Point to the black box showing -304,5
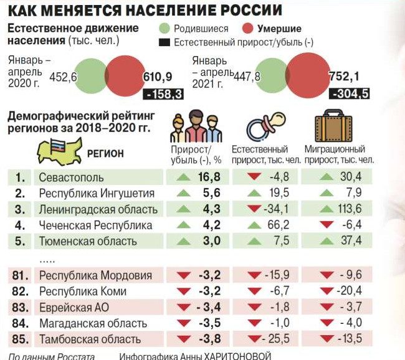[351, 94]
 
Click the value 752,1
[345, 76]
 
